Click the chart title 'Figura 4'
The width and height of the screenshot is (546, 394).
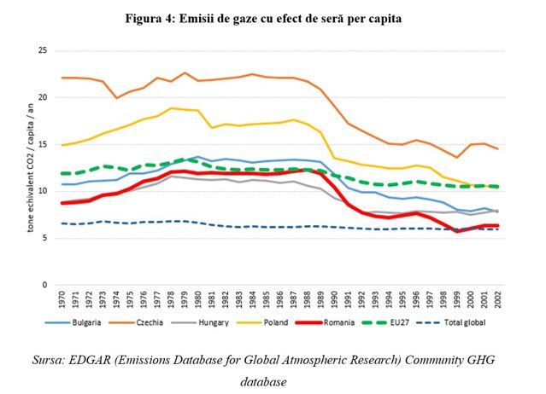pyautogui.click(x=150, y=19)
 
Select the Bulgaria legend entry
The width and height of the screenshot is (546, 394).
pyautogui.click(x=73, y=322)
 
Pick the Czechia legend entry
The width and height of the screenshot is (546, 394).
pyautogui.click(x=136, y=322)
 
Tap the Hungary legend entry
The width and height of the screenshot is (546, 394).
pyautogui.click(x=200, y=322)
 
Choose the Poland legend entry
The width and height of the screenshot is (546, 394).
pyautogui.click(x=262, y=322)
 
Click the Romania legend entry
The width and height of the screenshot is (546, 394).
pyautogui.click(x=325, y=322)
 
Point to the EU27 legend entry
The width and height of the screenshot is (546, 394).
pyautogui.click(x=385, y=322)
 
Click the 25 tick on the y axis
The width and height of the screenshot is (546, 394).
pyautogui.click(x=43, y=50)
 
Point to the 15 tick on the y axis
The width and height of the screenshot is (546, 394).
pyautogui.click(x=43, y=144)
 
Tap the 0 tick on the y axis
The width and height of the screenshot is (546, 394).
pyautogui.click(x=44, y=285)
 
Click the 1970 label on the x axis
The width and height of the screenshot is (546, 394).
pyautogui.click(x=62, y=298)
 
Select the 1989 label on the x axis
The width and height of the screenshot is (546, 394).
pyautogui.click(x=320, y=298)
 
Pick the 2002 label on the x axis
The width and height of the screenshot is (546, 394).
pyautogui.click(x=498, y=298)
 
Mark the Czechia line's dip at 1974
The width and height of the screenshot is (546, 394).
pyautogui.click(x=116, y=98)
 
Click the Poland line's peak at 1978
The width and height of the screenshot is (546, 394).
pyautogui.click(x=171, y=108)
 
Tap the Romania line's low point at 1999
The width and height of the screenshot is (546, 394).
pyautogui.click(x=457, y=231)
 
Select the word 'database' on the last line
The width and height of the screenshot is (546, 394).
pyautogui.click(x=263, y=382)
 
